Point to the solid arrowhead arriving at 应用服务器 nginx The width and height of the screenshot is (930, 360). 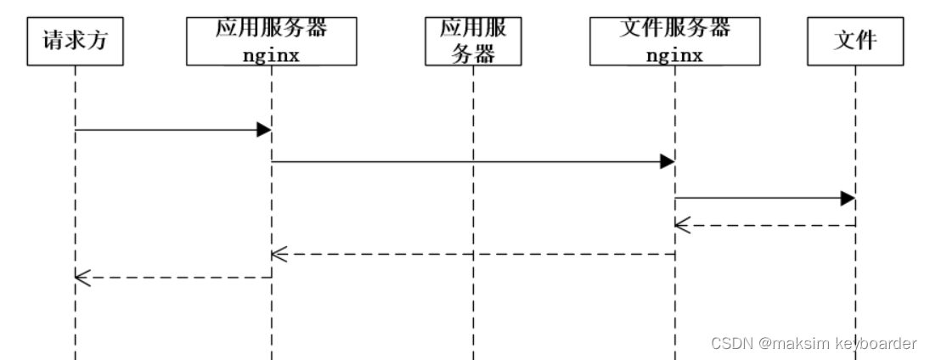263,129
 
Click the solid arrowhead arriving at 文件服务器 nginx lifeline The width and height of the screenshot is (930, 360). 667,161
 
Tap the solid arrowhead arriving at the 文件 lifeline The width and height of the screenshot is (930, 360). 847,198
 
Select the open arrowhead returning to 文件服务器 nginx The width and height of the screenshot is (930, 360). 682,225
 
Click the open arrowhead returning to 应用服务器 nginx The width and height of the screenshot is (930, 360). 279,253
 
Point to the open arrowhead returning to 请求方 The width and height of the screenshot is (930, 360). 82,277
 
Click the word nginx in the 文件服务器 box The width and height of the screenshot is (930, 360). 674,56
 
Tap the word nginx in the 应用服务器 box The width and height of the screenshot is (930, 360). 271,56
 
